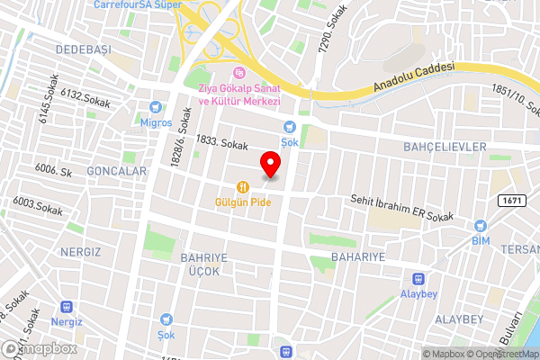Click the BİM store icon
[480, 226]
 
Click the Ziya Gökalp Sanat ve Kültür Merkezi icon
[238, 73]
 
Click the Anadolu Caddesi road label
[415, 78]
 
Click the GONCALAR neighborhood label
[116, 170]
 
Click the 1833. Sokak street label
[221, 144]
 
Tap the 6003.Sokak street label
[37, 206]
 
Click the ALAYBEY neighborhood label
[459, 319]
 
